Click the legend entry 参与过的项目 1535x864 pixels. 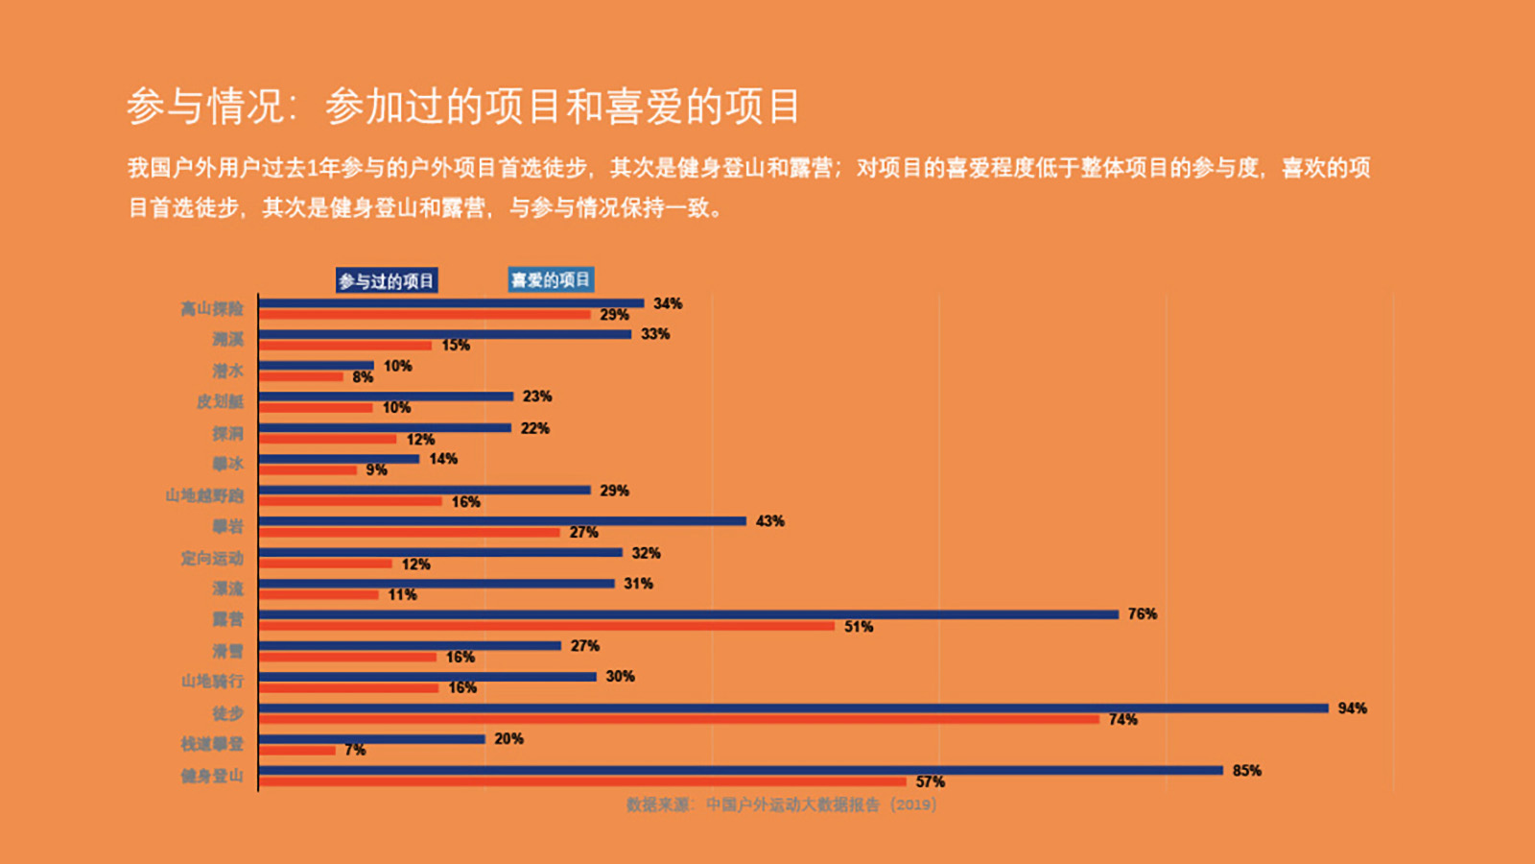point(387,280)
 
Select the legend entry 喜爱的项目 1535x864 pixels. point(551,279)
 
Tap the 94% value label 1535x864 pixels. point(1352,708)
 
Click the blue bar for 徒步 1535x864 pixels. point(793,708)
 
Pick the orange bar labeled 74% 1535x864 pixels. point(679,719)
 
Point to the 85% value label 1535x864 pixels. point(1246,771)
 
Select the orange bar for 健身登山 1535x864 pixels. point(582,781)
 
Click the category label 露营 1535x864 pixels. point(228,619)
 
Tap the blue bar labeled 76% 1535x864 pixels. point(689,614)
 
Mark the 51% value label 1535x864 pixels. point(859,627)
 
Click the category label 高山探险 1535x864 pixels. point(212,308)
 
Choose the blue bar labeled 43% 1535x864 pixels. point(503,521)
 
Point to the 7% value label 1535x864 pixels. point(355,750)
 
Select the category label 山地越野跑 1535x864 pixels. point(204,495)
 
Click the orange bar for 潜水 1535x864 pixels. point(301,376)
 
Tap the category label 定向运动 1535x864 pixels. point(212,558)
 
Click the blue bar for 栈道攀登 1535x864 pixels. point(372,739)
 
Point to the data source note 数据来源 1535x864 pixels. point(781,804)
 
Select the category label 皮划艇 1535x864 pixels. point(220,401)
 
